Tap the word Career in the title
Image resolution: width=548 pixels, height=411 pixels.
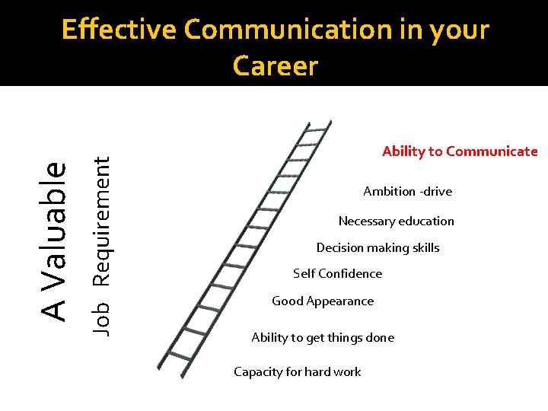point(275,66)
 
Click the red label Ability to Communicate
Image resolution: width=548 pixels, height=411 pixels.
point(460,151)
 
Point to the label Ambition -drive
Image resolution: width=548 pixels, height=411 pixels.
point(407,192)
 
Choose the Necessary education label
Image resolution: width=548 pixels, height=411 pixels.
point(396,221)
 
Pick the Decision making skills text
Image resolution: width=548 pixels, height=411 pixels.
point(378,248)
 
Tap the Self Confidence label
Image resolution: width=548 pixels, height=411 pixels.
point(337,274)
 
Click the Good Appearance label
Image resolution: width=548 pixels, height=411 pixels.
point(323,301)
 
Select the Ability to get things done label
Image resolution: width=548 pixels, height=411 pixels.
point(323,338)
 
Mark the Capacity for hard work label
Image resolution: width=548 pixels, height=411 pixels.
point(297,372)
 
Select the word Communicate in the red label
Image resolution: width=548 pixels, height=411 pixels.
point(492,151)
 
